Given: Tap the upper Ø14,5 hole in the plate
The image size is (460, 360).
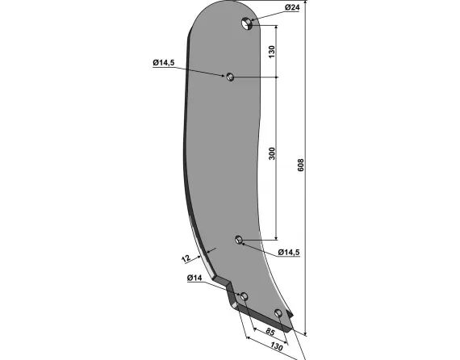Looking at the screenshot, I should [x=229, y=77].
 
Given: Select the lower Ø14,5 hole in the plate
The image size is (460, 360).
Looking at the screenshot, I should [x=239, y=239].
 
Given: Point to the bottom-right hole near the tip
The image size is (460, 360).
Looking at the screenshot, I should [x=278, y=313].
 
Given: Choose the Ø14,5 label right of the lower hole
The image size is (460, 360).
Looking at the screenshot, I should [x=289, y=253].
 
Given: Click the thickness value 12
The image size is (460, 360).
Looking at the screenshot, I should [x=185, y=258].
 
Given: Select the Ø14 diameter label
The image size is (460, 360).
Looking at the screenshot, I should [x=194, y=278].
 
